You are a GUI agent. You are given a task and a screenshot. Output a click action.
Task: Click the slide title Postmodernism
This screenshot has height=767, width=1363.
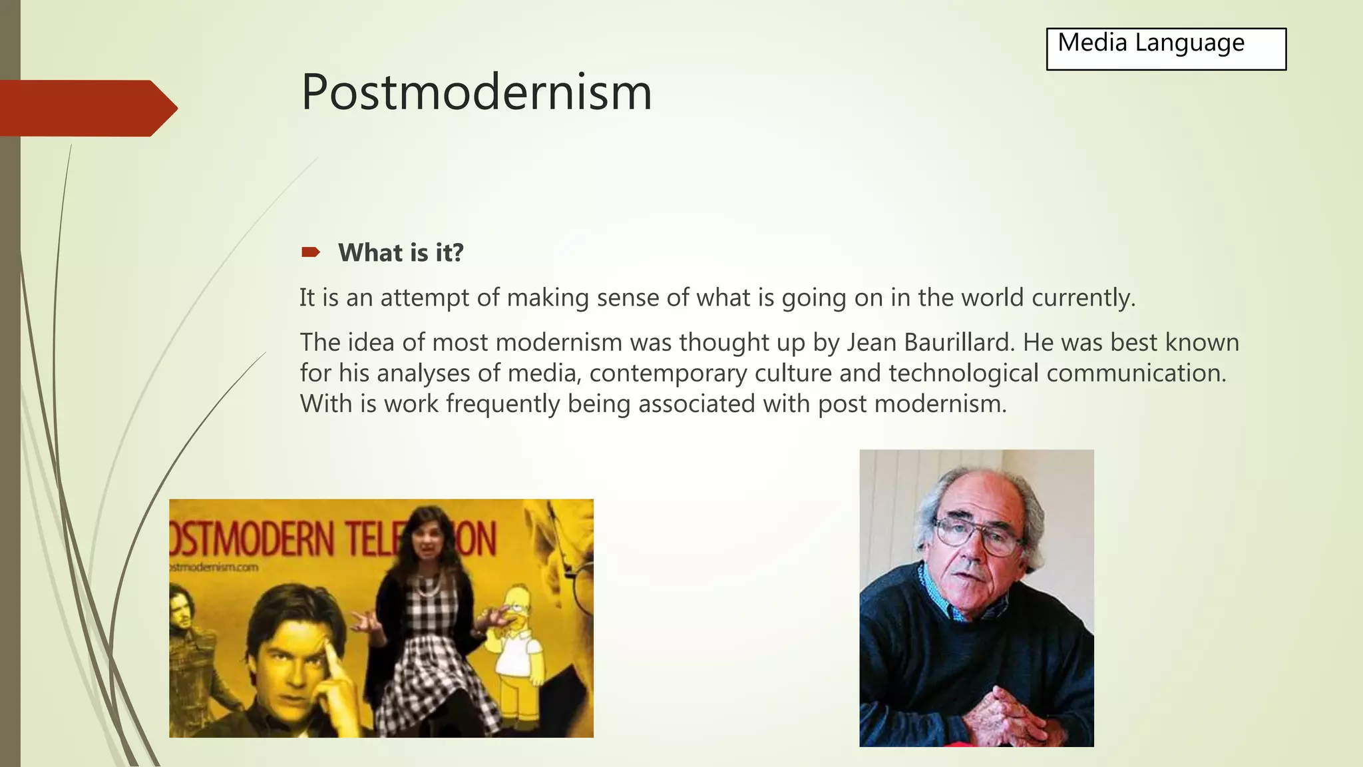point(476,92)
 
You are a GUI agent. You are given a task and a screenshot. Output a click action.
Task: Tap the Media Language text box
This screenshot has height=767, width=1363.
point(1165,49)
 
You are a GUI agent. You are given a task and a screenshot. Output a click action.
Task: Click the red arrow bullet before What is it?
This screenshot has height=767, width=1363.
point(310,252)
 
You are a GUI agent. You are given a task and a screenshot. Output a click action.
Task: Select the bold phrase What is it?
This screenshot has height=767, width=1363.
point(401,253)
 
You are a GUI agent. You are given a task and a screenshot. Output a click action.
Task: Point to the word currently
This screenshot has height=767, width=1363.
point(1083,298)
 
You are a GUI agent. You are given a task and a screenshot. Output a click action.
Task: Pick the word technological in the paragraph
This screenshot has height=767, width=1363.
point(963,373)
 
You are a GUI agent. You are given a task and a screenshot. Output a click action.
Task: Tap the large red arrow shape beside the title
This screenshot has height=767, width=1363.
point(87,108)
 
